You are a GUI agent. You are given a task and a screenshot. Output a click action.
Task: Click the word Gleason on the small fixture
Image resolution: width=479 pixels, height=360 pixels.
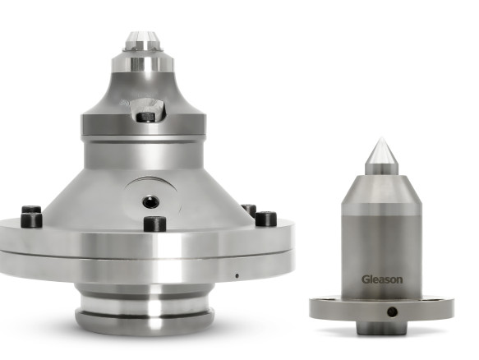pos(382,279)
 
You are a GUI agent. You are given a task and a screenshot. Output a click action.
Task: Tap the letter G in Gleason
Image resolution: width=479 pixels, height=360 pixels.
pos(366,279)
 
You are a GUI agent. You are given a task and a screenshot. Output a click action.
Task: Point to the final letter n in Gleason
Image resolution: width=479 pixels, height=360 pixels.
pos(399,280)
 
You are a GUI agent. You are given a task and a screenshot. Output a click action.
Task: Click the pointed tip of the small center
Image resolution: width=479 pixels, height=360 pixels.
pos(381,138)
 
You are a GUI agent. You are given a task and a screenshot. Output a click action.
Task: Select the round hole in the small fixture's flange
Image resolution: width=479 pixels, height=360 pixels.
pos(392,312)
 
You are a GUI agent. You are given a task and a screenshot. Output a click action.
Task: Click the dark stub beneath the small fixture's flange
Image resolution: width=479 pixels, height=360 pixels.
pos(381,328)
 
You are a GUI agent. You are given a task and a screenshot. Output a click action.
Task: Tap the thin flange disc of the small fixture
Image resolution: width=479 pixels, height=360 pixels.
pos(381,308)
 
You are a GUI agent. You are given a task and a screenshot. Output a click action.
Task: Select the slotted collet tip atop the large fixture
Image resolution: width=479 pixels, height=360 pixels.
pos(142,41)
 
